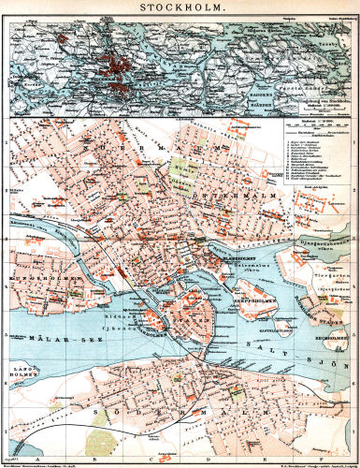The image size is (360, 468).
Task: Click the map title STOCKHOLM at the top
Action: tap(180, 9)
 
